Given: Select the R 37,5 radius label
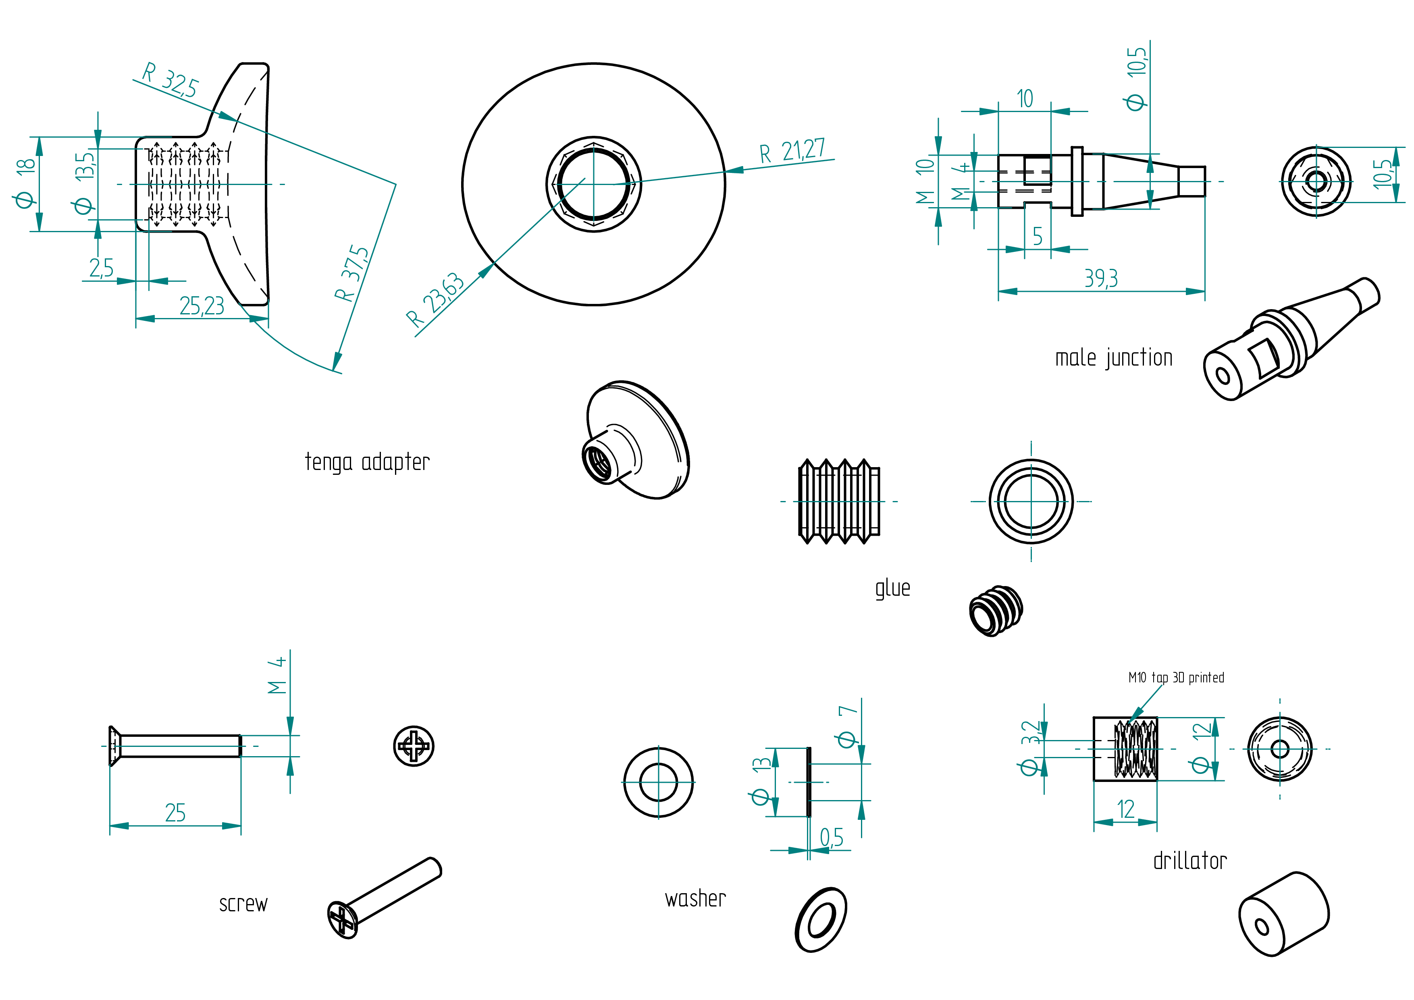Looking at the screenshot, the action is point(351,273).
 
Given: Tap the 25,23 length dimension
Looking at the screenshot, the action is point(202,306).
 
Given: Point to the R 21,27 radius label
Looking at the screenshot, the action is point(792,151).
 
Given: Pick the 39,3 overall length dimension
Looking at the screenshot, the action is point(1101,279).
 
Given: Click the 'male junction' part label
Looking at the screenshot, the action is point(1113,358).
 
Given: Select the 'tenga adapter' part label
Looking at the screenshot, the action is point(367,462).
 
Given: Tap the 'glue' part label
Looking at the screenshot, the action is point(892,588).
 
